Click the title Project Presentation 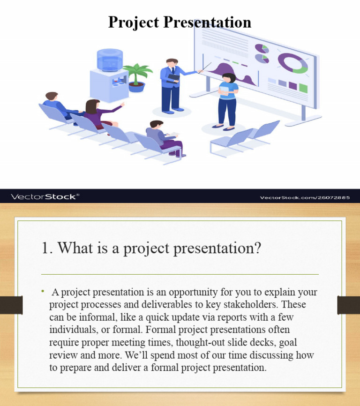pyautogui.click(x=180, y=22)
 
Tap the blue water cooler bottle pyautogui.click(x=110, y=60)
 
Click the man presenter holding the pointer pyautogui.click(x=171, y=84)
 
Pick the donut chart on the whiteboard pyautogui.click(x=292, y=63)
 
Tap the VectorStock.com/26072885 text pyautogui.click(x=305, y=197)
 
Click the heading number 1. pyautogui.click(x=45, y=248)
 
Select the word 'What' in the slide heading pyautogui.click(x=75, y=248)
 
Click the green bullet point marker pyautogui.click(x=42, y=292)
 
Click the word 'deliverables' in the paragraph pyautogui.click(x=156, y=305)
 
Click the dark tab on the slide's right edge pyautogui.click(x=348, y=305)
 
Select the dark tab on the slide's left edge pyautogui.click(x=11, y=305)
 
